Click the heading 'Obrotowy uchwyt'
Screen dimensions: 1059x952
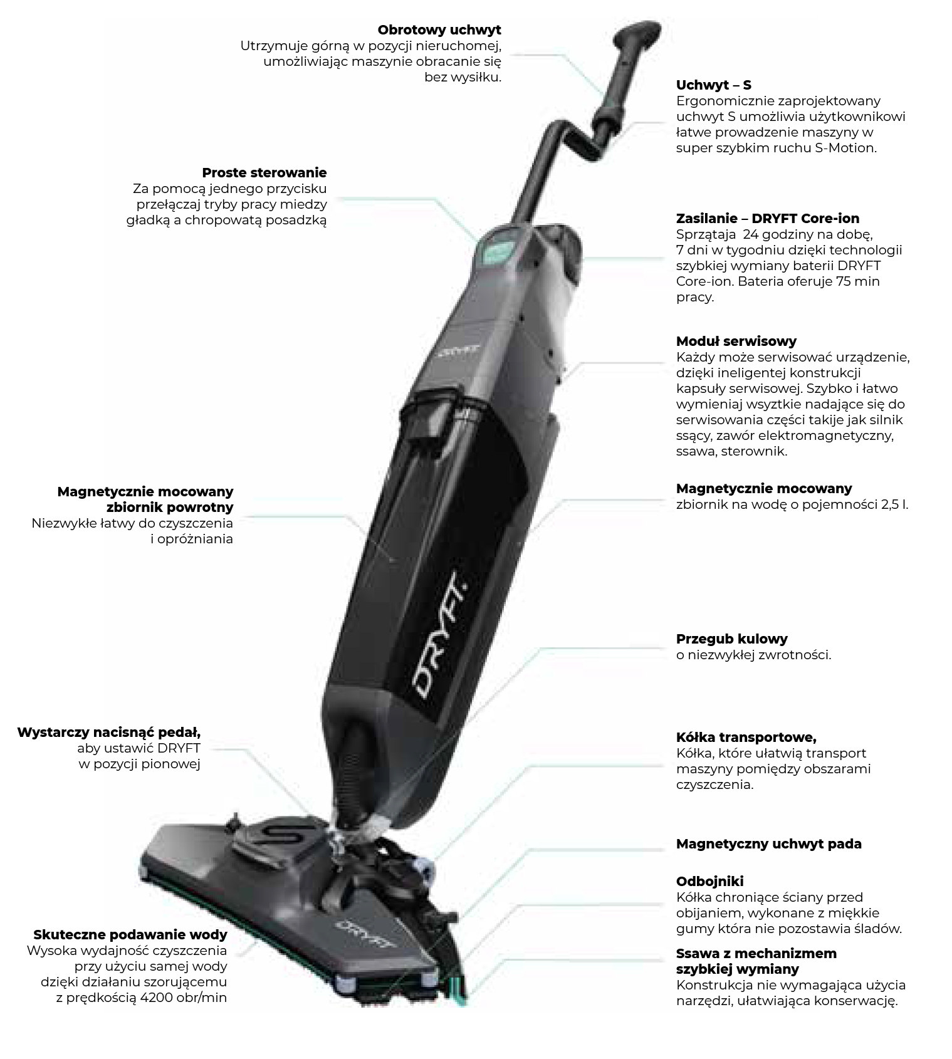[x=439, y=30]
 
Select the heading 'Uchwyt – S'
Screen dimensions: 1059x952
[x=713, y=85]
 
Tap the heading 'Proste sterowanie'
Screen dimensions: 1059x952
[x=264, y=173]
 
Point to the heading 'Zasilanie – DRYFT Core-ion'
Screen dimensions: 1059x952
[x=767, y=219]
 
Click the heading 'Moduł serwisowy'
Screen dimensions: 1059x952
[x=736, y=342]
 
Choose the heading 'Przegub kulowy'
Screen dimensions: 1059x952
[x=731, y=639]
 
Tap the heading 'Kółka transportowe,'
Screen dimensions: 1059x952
[x=746, y=738]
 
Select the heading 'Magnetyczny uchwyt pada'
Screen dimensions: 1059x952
[x=768, y=844]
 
